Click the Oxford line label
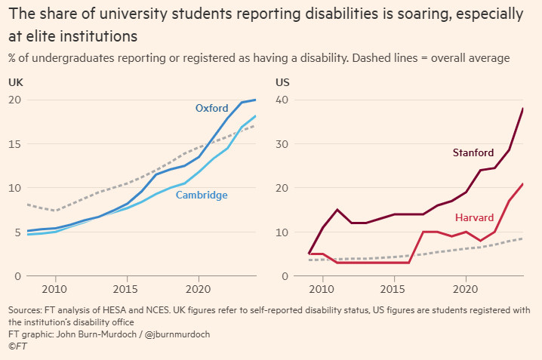[x=211, y=109]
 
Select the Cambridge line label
[x=202, y=195]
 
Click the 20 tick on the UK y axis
[x=14, y=100]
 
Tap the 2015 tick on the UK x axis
[x=125, y=289]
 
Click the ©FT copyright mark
[x=17, y=346]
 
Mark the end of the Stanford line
[x=523, y=109]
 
